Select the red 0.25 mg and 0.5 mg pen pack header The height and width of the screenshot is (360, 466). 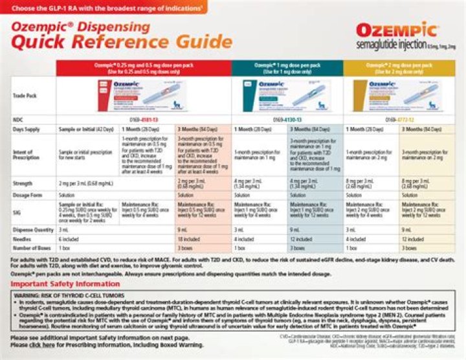144,69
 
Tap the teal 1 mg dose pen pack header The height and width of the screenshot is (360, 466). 287,69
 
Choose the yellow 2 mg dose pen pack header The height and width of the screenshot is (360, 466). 400,69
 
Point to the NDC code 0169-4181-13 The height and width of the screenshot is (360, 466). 144,120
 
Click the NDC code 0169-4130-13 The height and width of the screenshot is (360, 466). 288,120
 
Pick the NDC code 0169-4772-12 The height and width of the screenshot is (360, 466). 399,120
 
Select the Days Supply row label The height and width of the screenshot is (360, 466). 26,129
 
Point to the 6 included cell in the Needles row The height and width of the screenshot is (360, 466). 71,238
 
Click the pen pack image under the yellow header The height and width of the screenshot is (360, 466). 399,95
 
